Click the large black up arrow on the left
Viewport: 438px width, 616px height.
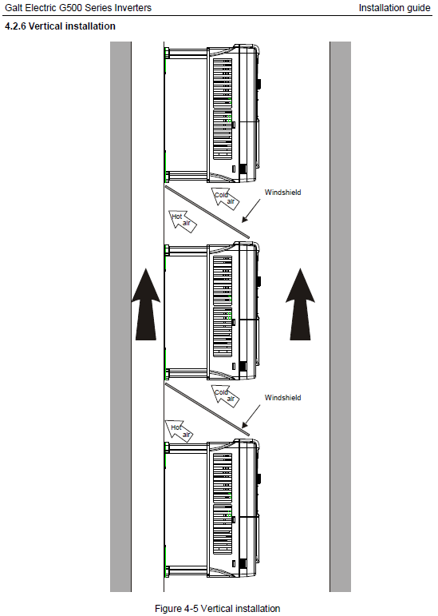coord(146,304)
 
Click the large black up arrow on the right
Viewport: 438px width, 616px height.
coord(300,304)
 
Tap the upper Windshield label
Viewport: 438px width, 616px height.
coord(282,192)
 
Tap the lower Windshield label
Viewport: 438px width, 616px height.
coord(282,398)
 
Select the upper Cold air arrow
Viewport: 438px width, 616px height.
coord(226,197)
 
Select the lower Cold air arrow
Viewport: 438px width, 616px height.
coord(226,395)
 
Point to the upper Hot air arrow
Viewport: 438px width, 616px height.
coord(183,221)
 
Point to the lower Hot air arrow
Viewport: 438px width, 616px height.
coord(180,431)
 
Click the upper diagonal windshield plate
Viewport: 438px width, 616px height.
coord(207,212)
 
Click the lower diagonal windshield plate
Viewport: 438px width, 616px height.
coord(207,409)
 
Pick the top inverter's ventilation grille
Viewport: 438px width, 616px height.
coord(223,109)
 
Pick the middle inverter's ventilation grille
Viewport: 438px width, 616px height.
coord(223,307)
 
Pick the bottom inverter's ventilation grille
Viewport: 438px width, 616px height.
coord(223,504)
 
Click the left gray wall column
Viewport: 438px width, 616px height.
coord(120,316)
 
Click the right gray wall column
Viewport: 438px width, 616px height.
coord(340,316)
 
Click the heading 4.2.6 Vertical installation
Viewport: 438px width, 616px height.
coord(60,26)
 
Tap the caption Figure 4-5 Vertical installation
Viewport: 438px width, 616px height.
coord(218,609)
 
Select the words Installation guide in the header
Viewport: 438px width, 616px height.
coord(394,8)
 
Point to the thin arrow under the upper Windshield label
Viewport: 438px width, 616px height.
coord(251,211)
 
